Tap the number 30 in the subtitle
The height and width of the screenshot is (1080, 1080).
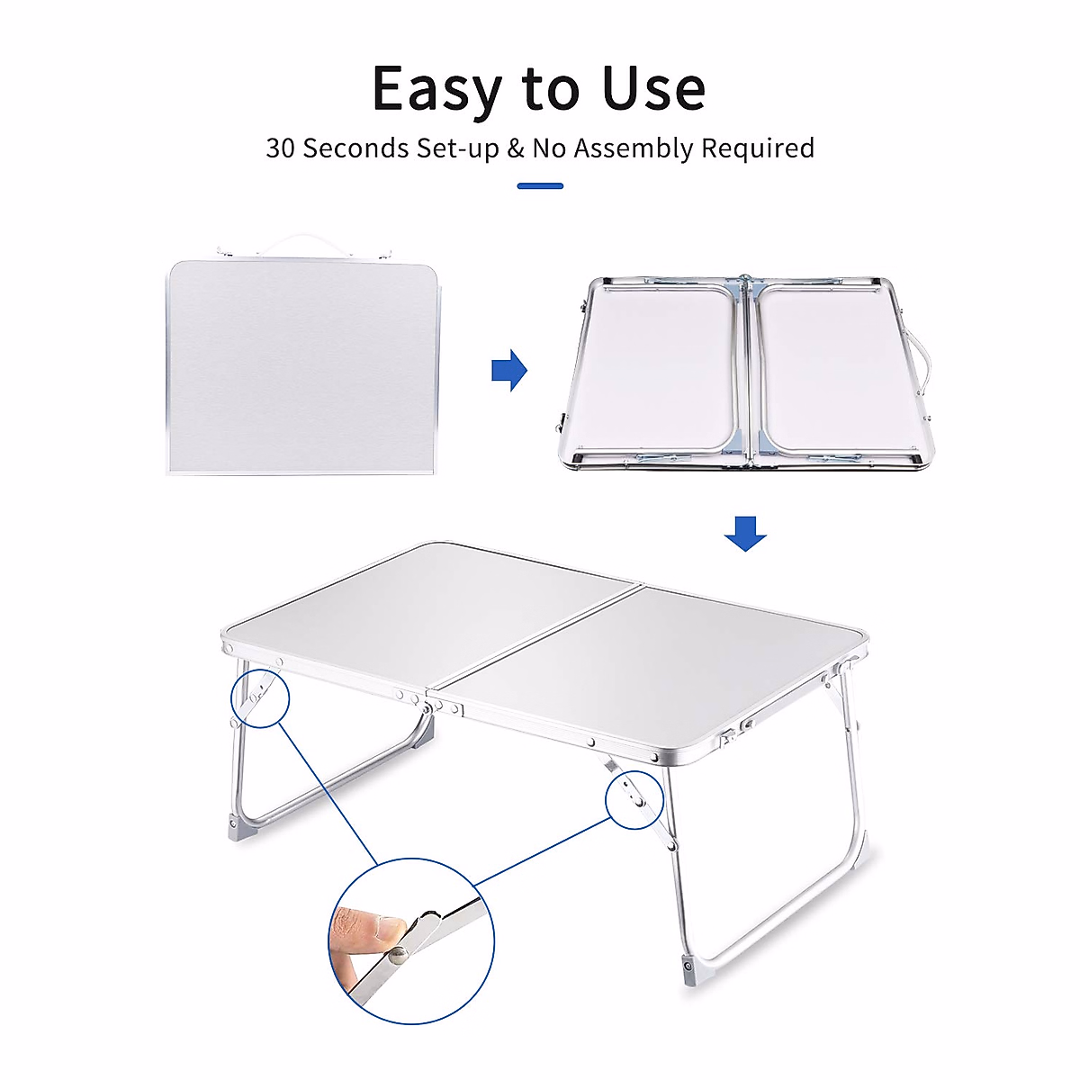(x=280, y=148)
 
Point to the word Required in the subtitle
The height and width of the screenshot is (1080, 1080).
(x=758, y=148)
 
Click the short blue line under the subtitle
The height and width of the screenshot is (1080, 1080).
(x=540, y=186)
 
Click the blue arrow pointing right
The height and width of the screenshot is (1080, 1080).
(x=509, y=369)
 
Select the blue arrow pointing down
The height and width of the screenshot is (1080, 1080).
(x=745, y=533)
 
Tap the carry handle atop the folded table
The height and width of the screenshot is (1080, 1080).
(x=303, y=242)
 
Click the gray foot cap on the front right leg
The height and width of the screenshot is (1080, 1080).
(x=689, y=969)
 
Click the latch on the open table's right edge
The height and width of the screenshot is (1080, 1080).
(x=747, y=724)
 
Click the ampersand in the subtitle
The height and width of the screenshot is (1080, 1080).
(x=515, y=148)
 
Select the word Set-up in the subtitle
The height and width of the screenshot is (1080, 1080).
(x=457, y=148)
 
